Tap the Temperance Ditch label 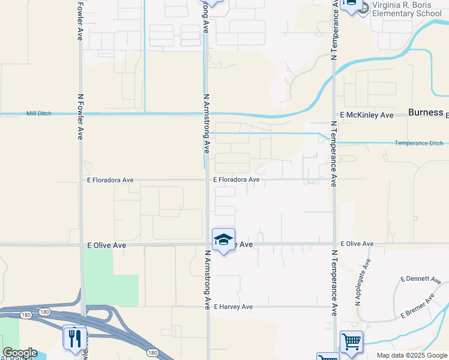coord(419,143)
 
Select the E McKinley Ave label coord(366,115)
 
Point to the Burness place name coord(426,112)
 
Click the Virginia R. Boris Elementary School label coord(407,9)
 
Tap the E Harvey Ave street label coord(232,307)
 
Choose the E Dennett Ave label coord(421,280)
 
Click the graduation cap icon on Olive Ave coord(223,239)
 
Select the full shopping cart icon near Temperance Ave coord(351,341)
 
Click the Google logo coord(20,353)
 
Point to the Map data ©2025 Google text coord(412,355)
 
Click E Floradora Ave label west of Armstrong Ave coord(110,180)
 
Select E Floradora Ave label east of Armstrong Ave coord(237,179)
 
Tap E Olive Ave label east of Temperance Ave coord(357,244)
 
